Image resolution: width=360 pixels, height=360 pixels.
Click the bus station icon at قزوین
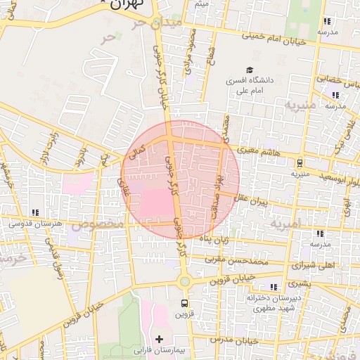point(184,304)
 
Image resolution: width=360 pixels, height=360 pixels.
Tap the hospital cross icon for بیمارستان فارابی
point(159,340)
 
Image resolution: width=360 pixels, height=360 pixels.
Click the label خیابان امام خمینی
point(274,39)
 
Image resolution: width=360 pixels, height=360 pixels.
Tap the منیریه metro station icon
point(300,162)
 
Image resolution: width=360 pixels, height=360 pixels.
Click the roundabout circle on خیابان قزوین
point(184,282)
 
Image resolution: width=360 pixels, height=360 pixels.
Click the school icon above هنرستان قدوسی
point(34,212)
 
